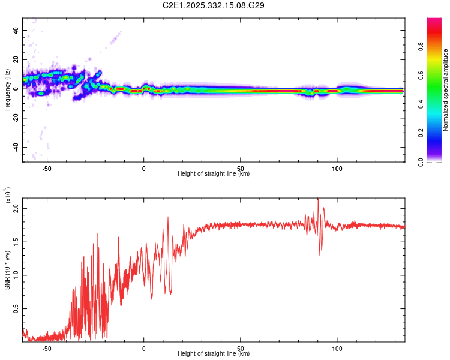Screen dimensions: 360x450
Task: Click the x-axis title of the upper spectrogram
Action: (214, 174)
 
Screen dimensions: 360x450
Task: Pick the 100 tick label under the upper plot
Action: (337, 169)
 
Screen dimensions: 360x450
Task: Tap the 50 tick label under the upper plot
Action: (241, 169)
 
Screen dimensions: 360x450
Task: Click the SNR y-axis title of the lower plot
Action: (7, 270)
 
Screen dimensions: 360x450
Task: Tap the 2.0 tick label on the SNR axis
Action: (16, 208)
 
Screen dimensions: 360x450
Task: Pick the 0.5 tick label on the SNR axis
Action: (16, 308)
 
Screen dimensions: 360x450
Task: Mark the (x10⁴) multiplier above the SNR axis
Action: (7, 196)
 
